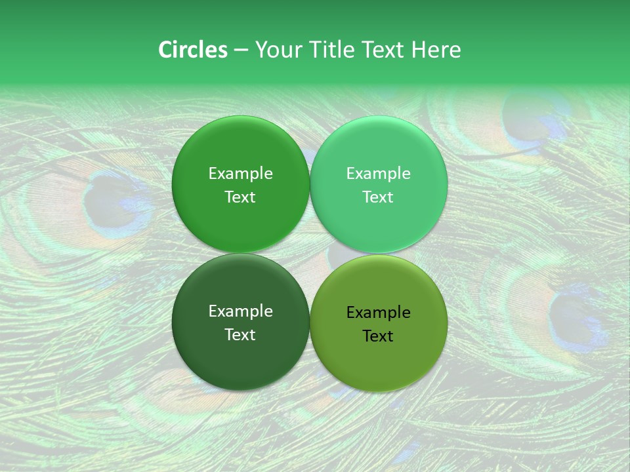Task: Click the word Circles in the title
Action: click(x=192, y=50)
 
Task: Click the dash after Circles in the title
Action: click(x=241, y=50)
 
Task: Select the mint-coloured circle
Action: click(x=379, y=184)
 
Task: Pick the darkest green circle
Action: click(x=241, y=322)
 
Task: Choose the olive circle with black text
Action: click(x=379, y=323)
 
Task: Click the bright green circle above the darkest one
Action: click(x=241, y=184)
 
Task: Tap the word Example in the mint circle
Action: click(x=378, y=173)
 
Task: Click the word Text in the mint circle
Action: click(x=378, y=197)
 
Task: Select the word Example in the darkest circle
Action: click(x=240, y=311)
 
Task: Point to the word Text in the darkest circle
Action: click(x=240, y=334)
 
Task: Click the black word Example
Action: click(x=378, y=312)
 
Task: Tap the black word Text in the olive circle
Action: click(x=378, y=336)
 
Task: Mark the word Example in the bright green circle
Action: click(x=240, y=173)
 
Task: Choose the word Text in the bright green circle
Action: click(x=240, y=197)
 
